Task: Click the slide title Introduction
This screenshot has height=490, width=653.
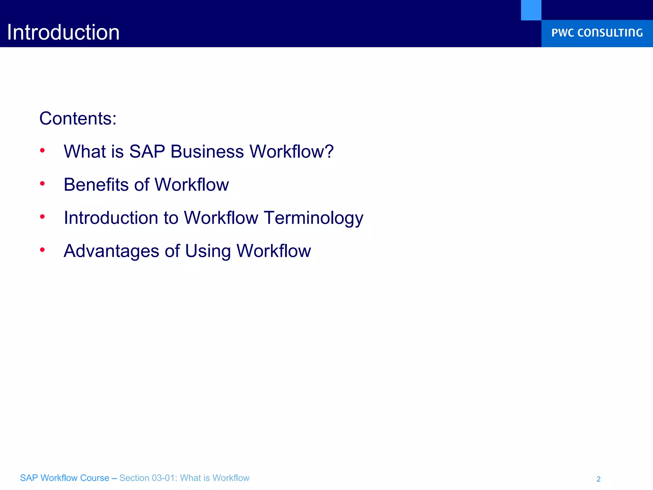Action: tap(63, 33)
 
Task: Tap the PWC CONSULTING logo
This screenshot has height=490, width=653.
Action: tap(597, 33)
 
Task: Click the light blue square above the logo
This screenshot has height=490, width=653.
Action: tap(531, 10)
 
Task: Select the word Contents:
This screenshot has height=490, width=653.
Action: tap(78, 119)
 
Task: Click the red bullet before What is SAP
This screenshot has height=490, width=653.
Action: tap(42, 150)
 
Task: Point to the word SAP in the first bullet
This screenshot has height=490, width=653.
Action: tap(147, 152)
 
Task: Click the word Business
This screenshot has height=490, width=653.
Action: tap(207, 152)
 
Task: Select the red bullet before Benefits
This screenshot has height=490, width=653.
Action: tap(42, 183)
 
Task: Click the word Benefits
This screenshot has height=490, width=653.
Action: tap(96, 185)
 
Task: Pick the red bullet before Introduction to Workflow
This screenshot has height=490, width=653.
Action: tap(42, 217)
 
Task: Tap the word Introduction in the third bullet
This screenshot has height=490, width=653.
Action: tap(111, 218)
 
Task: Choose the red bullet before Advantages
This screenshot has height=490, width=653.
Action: tap(42, 250)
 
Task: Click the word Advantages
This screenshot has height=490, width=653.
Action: tap(111, 251)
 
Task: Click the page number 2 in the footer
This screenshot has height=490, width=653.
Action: tap(598, 479)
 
